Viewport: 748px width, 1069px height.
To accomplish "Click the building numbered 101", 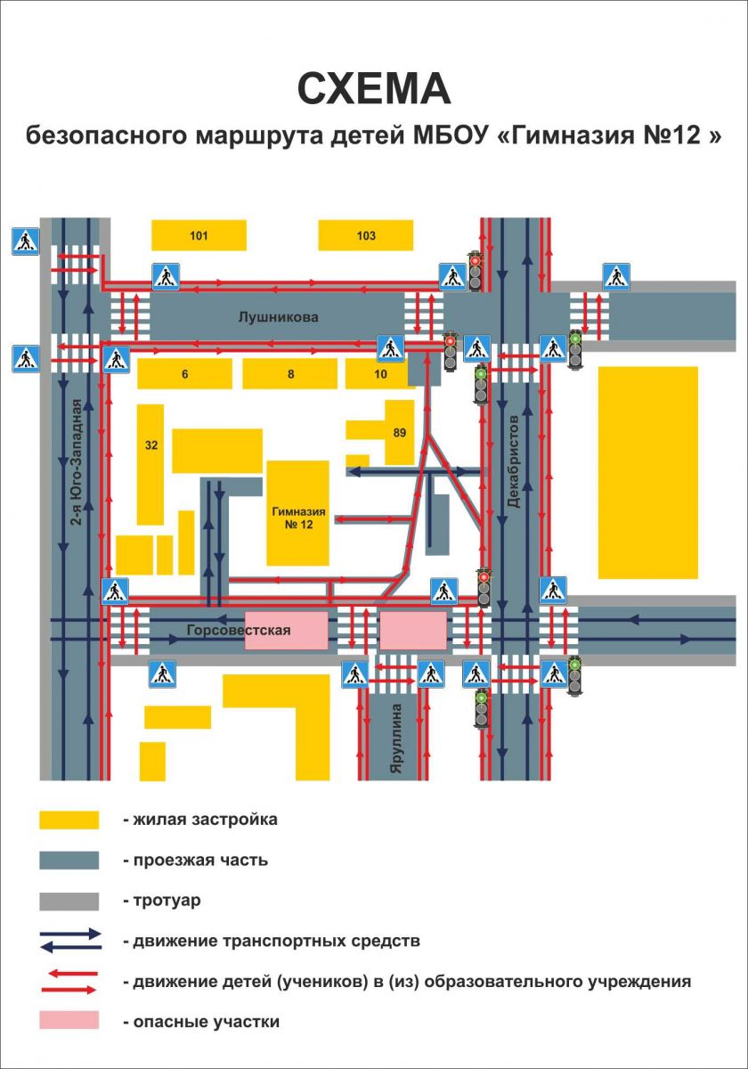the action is tap(199, 235).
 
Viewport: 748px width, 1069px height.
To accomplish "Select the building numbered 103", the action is tap(365, 235).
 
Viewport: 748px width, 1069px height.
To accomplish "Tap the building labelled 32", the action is tap(150, 464).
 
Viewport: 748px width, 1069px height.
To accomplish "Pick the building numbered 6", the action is tap(184, 373).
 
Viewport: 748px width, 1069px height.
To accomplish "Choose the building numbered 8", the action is tap(290, 373).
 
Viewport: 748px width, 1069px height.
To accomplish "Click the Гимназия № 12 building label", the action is tap(298, 518).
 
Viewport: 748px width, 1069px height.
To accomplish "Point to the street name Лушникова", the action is tap(278, 317).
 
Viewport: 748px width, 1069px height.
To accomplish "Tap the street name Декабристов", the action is tap(513, 461).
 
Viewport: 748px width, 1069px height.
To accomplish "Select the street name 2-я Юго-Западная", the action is tap(77, 462).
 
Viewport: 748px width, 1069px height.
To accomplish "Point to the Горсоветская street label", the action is tap(239, 630).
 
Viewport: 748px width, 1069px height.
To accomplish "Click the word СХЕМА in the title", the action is tap(374, 89).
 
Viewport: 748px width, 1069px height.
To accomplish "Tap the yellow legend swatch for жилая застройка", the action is tap(69, 820).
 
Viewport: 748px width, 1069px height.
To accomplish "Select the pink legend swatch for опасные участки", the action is tap(69, 1020).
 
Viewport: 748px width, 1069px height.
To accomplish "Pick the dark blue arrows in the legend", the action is tap(71, 941).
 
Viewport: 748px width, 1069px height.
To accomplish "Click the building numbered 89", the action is tap(400, 432).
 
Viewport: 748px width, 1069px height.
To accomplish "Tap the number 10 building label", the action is tap(380, 373).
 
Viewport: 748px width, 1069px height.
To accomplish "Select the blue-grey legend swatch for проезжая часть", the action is tap(69, 861).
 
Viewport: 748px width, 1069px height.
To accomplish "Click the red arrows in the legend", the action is tap(69, 983).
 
